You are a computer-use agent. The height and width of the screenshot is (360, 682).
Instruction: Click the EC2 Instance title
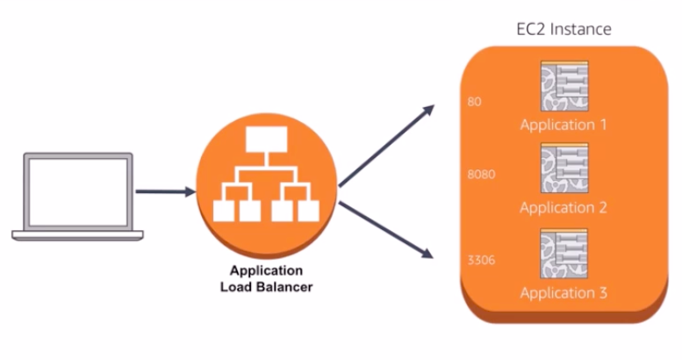point(564,29)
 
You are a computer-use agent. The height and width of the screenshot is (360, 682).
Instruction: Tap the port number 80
point(474,102)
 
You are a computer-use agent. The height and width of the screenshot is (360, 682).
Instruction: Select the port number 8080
point(481,175)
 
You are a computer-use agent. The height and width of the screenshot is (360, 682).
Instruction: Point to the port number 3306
point(481,260)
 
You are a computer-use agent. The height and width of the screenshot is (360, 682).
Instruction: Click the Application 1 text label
point(564,125)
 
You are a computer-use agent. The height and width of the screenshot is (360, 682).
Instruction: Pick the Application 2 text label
point(564,207)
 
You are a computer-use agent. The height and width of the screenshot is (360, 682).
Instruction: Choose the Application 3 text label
point(564,293)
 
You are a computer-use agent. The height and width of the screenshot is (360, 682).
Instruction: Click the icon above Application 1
point(564,86)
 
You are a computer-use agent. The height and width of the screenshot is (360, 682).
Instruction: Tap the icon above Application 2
point(564,168)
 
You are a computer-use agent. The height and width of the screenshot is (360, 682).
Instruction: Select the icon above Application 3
point(564,254)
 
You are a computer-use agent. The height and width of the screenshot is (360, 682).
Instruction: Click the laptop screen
point(78,192)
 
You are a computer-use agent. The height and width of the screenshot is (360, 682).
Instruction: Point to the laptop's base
point(77,235)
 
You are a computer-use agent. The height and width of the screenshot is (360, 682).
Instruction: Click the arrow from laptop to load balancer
point(165,191)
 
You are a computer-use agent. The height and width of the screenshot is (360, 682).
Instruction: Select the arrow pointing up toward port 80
point(386,146)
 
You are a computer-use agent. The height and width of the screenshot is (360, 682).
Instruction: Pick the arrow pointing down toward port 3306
point(386,230)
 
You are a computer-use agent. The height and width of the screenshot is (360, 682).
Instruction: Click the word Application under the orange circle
point(266,270)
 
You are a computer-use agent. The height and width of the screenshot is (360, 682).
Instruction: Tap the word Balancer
point(284,287)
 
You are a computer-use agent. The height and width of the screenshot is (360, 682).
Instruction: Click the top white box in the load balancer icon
point(266,140)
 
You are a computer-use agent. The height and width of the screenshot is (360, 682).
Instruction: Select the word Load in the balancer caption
point(236,287)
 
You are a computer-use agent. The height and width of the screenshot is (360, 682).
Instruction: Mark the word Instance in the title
point(581,29)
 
